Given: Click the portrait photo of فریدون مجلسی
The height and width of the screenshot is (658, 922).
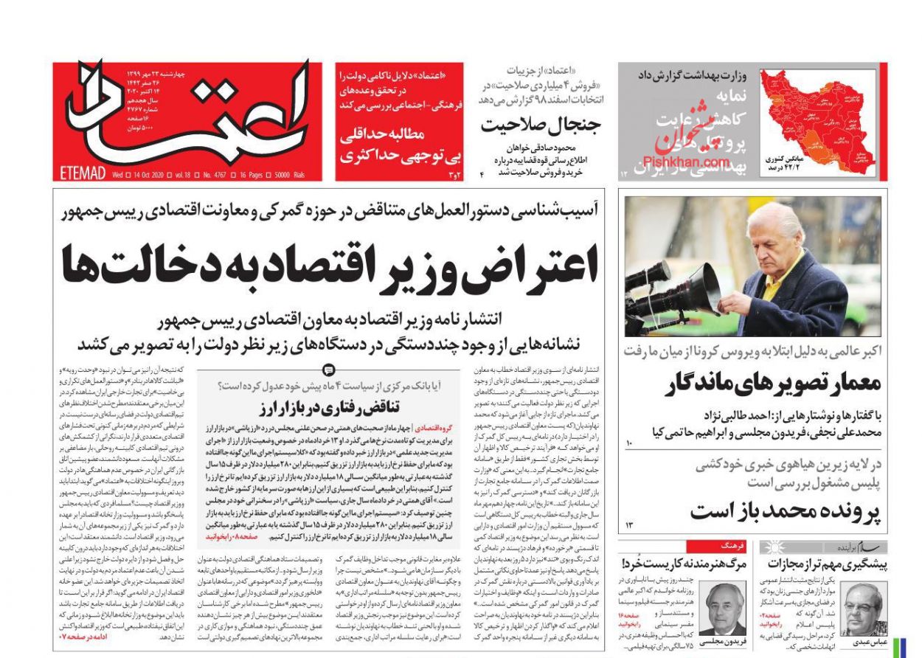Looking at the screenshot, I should [x=721, y=606].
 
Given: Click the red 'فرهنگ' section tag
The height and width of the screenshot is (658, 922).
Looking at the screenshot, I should [x=734, y=547].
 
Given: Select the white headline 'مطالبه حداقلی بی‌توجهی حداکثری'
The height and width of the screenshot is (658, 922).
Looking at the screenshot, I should [x=398, y=145].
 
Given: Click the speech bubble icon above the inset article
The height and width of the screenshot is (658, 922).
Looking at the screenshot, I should [x=329, y=370].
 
